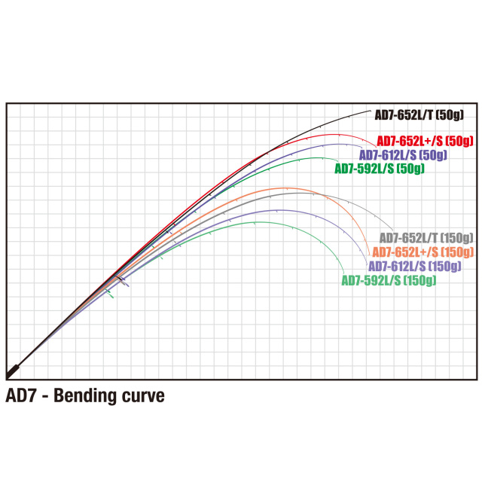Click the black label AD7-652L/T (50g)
click(419, 115)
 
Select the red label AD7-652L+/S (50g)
click(425, 141)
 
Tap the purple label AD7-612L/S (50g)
click(403, 155)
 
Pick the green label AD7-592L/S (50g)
click(380, 169)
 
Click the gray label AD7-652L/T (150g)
click(426, 238)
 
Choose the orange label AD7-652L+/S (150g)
click(423, 252)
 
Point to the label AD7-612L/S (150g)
click(415, 266)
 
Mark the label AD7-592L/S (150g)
click(389, 280)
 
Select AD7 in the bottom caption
click(21, 395)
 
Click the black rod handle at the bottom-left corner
click(13, 371)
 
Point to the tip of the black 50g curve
click(371, 111)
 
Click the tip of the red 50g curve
click(376, 148)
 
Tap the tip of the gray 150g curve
click(392, 230)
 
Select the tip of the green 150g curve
click(343, 273)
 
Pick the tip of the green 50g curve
click(338, 161)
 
